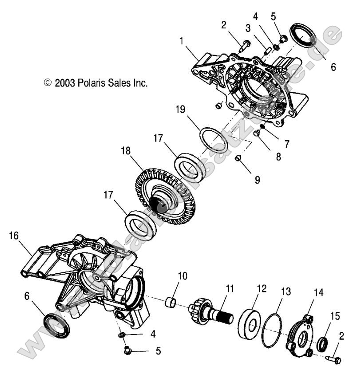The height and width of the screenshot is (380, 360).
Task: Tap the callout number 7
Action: tap(287, 144)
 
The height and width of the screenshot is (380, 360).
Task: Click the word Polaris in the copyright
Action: tap(91, 83)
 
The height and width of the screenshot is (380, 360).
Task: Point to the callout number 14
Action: tap(319, 293)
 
